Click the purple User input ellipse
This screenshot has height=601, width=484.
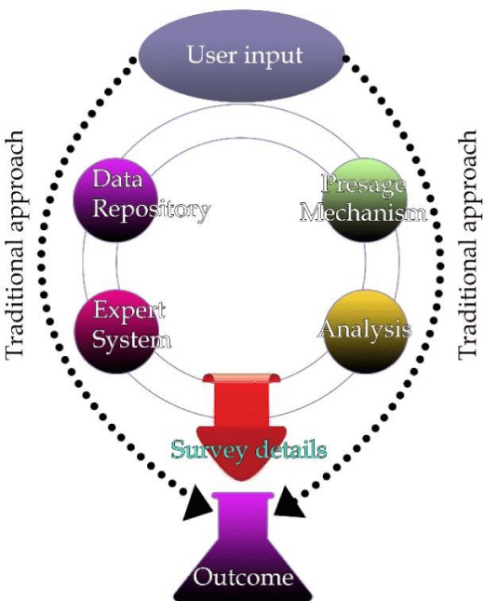(x=241, y=56)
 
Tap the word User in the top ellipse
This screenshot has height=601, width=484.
(x=211, y=55)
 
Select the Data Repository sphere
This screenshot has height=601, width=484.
(x=116, y=200)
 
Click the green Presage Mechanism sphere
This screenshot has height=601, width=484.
(x=364, y=200)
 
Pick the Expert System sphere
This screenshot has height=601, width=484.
(x=116, y=331)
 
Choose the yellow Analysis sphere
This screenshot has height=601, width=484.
(x=364, y=331)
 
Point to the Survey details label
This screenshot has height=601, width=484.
(x=249, y=450)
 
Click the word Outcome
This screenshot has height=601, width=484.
(x=243, y=577)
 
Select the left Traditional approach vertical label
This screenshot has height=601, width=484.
(x=15, y=245)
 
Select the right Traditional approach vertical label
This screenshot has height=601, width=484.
(x=468, y=245)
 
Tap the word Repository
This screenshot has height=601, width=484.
(x=152, y=210)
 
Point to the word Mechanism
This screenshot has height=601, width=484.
(x=363, y=212)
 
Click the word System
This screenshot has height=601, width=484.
(x=132, y=339)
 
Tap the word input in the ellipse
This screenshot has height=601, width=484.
(x=274, y=56)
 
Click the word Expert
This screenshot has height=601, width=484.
(x=129, y=310)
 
